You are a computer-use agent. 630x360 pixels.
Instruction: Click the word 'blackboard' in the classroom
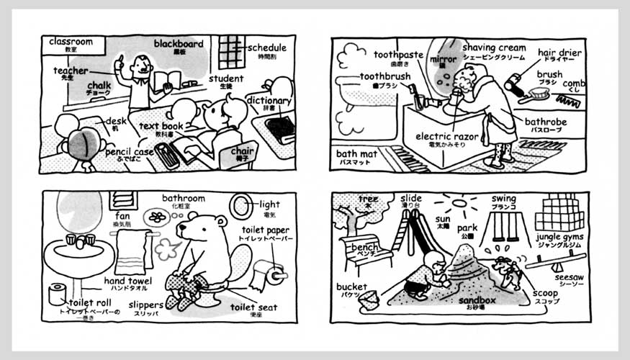click(x=178, y=44)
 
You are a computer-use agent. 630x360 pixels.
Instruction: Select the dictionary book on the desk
click(x=279, y=129)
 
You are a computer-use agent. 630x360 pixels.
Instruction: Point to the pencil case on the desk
click(x=166, y=155)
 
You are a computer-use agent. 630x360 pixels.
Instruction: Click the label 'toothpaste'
click(x=398, y=55)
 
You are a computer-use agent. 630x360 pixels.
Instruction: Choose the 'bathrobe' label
click(x=545, y=122)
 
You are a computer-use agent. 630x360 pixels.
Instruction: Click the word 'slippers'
click(x=146, y=305)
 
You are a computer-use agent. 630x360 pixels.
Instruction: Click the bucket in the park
click(x=369, y=299)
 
